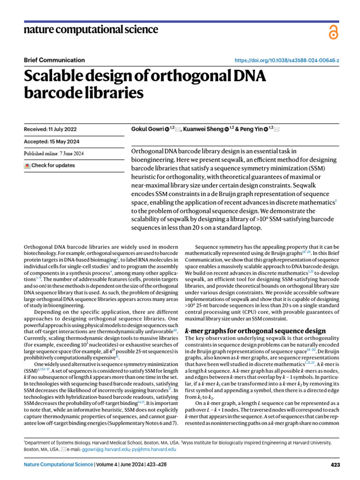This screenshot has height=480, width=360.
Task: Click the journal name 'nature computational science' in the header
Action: [91, 30]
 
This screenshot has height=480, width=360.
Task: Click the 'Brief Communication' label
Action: [54, 60]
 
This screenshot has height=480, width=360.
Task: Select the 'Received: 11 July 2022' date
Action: [50, 129]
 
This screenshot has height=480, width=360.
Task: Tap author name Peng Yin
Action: [251, 129]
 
